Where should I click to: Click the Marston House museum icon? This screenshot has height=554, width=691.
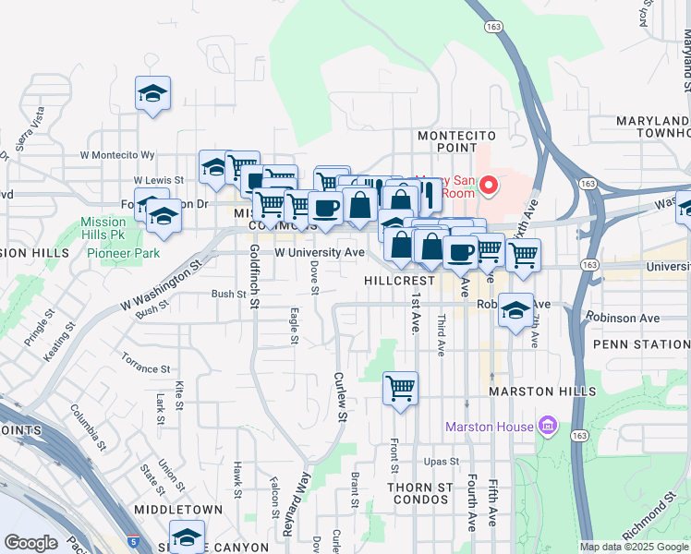click(549, 426)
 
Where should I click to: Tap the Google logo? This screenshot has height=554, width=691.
click(30, 543)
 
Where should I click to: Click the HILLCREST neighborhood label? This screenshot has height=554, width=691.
click(399, 279)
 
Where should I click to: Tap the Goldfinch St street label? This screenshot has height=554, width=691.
click(254, 276)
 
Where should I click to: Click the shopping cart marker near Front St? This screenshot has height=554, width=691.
click(400, 389)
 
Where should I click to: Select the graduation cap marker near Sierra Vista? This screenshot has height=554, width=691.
click(152, 93)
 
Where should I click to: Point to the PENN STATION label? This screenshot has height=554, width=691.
click(641, 344)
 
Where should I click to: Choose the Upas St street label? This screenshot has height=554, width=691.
click(442, 462)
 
